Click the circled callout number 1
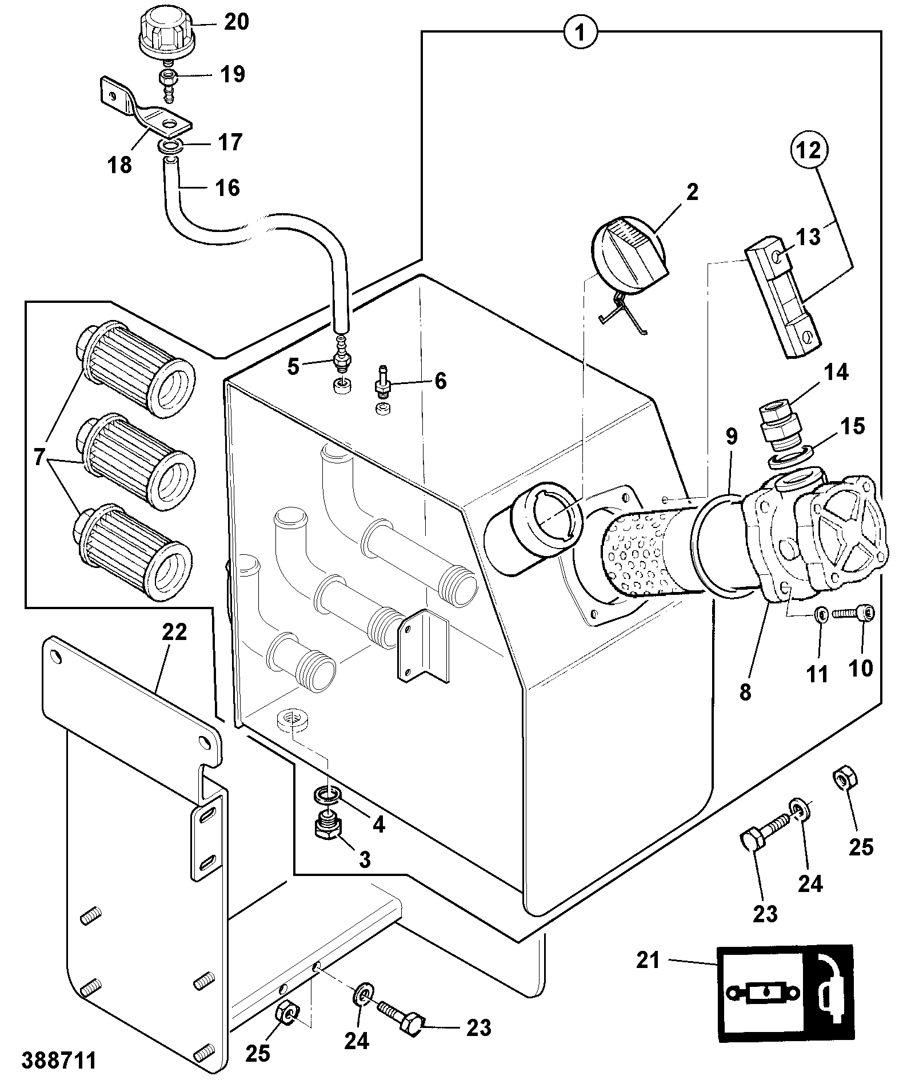(580, 33)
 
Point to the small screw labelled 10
(853, 614)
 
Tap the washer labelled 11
(820, 615)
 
